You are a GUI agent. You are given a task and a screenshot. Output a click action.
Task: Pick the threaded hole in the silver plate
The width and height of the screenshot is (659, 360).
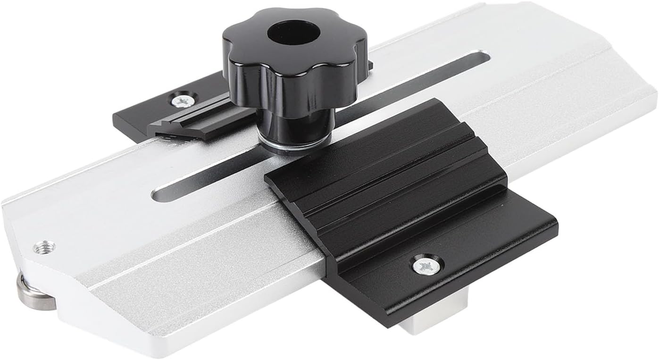pos(44,246)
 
